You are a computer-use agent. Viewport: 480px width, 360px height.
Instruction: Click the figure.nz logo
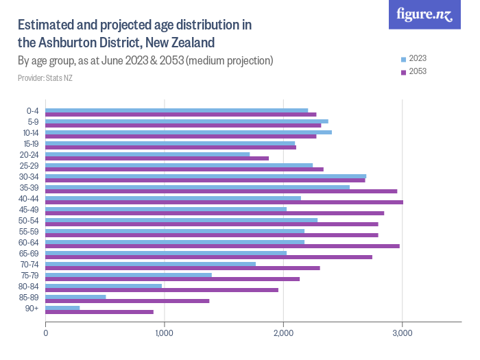pyautogui.click(x=424, y=14)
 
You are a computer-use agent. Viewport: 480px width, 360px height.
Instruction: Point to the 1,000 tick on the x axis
pyautogui.click(x=164, y=333)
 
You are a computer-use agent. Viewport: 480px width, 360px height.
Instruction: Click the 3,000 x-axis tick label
pyautogui.click(x=402, y=333)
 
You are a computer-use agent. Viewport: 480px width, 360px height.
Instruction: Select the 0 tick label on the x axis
pyautogui.click(x=45, y=333)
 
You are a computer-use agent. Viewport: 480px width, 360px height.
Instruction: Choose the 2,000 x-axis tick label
pyautogui.click(x=283, y=333)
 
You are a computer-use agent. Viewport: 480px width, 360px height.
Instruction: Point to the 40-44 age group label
pyautogui.click(x=30, y=200)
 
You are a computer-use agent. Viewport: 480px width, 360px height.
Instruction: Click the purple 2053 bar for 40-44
pyautogui.click(x=224, y=202)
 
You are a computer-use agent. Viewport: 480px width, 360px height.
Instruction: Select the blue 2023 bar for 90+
pyautogui.click(x=62, y=307)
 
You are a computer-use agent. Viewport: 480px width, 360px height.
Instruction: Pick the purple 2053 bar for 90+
pyautogui.click(x=99, y=312)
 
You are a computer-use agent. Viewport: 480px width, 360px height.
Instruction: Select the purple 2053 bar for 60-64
pyautogui.click(x=222, y=246)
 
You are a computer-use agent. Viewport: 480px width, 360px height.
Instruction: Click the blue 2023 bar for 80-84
pyautogui.click(x=104, y=285)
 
